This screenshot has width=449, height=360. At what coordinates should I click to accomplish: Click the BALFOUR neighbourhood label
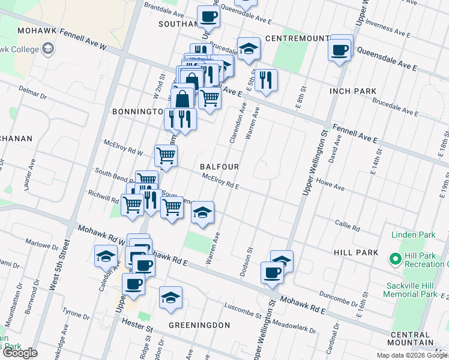pos(220,166)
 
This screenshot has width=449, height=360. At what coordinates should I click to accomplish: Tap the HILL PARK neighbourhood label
pos(356,253)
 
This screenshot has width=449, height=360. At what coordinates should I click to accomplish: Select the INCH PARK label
pos(353,91)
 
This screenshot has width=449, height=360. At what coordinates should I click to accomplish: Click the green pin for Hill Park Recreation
pos(395,259)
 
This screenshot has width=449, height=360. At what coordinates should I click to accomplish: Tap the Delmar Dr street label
pos(32,94)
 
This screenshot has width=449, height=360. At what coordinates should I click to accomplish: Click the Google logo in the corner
pos(20,353)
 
